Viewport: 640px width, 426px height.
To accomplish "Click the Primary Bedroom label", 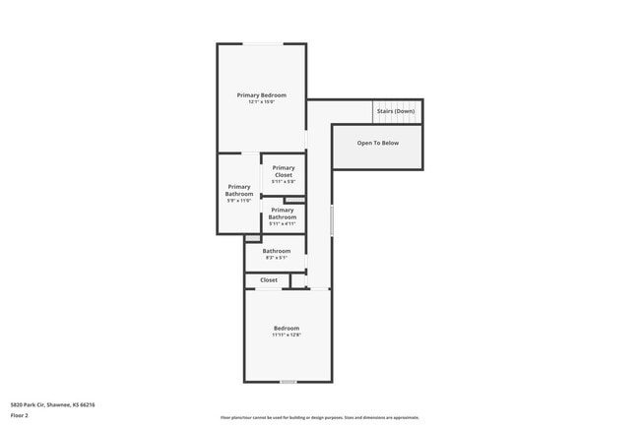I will pos(261,94).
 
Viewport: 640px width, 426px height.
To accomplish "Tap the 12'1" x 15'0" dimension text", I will pos(261,101).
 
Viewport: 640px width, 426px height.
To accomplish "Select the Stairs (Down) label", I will pos(395,111).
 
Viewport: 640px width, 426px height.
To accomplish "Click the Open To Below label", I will pos(378,143).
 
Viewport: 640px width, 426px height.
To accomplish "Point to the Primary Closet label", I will pos(284,171).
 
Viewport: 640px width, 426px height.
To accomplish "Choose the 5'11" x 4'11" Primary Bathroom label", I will pos(283,213).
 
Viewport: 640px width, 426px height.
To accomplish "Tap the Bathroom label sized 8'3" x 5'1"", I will pos(276,251).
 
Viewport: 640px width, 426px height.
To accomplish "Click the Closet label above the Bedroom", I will pos(269,280).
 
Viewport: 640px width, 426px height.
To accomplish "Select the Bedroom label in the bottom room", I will pos(287,328).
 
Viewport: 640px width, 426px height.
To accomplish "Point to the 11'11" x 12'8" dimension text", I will pos(287,335).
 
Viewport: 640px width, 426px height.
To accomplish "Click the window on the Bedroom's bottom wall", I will pos(288,382).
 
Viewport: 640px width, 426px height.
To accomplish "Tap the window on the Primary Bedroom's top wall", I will pos(263,43).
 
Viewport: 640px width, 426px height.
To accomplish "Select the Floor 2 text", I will pos(20,415).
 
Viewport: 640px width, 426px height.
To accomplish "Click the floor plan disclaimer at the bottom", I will pos(319,417).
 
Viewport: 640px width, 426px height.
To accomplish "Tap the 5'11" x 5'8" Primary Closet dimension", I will pos(284,181).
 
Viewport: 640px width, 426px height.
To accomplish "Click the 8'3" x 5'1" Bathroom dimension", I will pos(276,258).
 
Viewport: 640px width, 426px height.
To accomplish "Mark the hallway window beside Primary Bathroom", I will pos(332,220).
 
